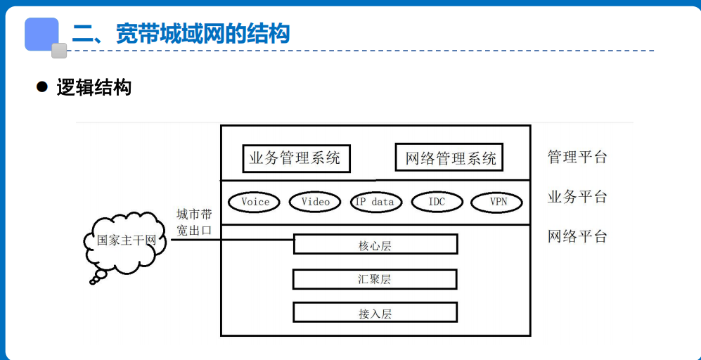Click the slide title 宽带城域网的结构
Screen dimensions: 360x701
181,34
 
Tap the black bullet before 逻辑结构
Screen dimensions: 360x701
41,87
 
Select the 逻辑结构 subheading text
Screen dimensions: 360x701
94,88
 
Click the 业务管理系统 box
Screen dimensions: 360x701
295,158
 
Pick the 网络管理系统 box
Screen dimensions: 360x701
450,158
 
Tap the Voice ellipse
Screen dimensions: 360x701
255,202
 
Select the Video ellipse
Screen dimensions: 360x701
315,202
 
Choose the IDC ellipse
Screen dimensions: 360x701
436,202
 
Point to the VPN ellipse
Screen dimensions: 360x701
497,202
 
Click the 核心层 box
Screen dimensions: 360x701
375,245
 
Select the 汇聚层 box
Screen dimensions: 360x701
375,279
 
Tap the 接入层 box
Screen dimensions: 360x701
375,313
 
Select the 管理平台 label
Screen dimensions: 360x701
577,157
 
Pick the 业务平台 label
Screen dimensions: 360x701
577,197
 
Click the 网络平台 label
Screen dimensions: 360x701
577,236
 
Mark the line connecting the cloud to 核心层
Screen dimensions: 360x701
232,240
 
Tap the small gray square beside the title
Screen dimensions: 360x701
59,51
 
